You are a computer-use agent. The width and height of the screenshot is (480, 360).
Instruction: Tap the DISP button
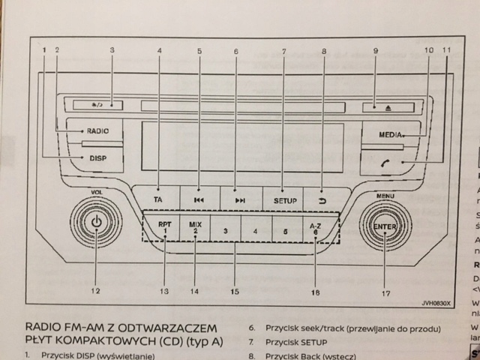(96, 158)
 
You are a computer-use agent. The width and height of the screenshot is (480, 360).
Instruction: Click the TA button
(158, 199)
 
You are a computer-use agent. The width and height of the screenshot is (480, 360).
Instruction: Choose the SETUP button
(283, 200)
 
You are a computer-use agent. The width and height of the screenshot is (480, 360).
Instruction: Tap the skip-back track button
(199, 200)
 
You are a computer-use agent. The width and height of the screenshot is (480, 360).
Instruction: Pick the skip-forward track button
(239, 200)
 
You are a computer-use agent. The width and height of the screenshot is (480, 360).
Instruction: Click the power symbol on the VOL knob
(96, 223)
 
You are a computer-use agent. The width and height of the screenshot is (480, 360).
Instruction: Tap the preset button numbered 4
(255, 230)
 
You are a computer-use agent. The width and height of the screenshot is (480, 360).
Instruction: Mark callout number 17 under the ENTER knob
(385, 293)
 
